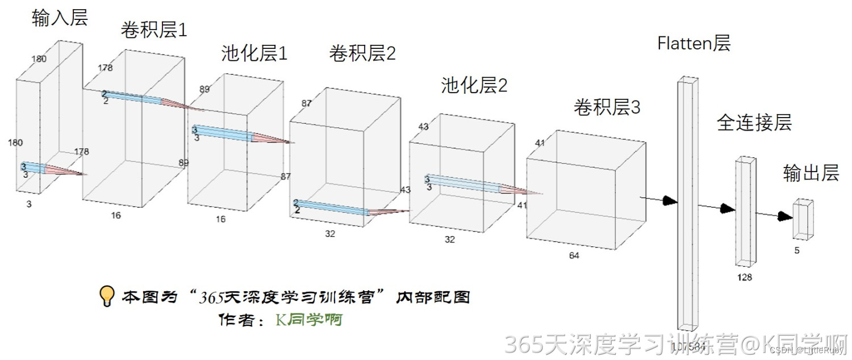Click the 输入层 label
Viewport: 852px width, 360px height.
pyautogui.click(x=60, y=18)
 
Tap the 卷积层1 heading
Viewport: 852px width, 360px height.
pyautogui.click(x=153, y=30)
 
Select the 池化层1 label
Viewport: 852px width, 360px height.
pyautogui.click(x=254, y=54)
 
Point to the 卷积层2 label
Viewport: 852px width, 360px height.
pyautogui.click(x=362, y=54)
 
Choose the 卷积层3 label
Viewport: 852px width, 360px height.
pyautogui.click(x=607, y=107)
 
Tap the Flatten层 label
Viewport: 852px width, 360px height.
pyautogui.click(x=694, y=43)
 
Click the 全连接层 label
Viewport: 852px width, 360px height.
pyautogui.click(x=754, y=123)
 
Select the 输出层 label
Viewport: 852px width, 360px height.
pyautogui.click(x=811, y=173)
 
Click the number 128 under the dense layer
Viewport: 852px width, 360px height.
pyautogui.click(x=744, y=277)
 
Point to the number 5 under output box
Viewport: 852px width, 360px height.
pyautogui.click(x=797, y=250)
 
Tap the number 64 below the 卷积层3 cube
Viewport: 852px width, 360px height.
pyautogui.click(x=574, y=256)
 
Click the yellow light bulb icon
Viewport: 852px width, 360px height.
pyautogui.click(x=107, y=296)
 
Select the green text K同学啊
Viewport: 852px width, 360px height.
pyautogui.click(x=309, y=320)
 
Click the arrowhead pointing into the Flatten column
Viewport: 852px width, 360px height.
pyautogui.click(x=670, y=200)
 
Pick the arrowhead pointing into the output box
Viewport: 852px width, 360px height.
pyautogui.click(x=786, y=216)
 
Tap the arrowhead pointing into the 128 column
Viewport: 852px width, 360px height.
pyautogui.click(x=728, y=208)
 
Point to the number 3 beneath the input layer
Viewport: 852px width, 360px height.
pyautogui.click(x=28, y=204)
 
